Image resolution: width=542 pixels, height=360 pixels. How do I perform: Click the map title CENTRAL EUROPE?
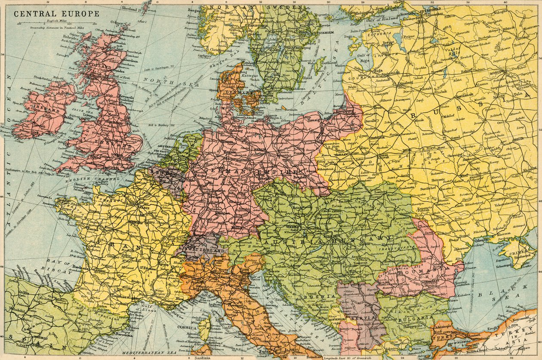click(x=56, y=13)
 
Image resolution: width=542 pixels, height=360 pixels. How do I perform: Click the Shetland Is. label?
click(x=132, y=8)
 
